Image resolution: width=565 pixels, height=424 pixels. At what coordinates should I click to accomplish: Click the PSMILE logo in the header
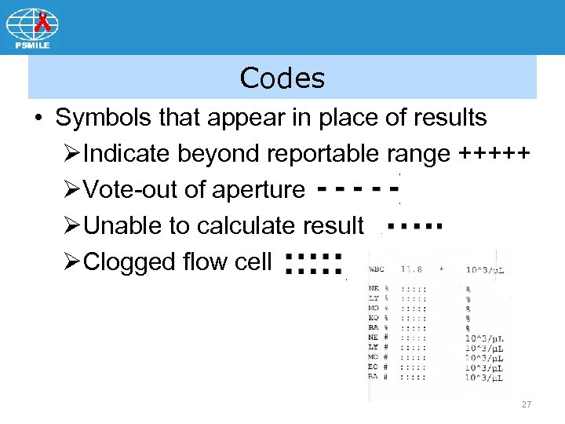click(32, 27)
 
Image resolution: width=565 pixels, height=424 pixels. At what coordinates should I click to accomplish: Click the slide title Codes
click(282, 78)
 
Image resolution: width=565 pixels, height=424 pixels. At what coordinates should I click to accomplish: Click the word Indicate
click(126, 154)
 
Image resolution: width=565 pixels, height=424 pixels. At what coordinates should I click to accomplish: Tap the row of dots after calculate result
click(414, 226)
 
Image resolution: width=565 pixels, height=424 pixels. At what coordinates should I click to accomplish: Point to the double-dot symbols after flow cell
click(314, 263)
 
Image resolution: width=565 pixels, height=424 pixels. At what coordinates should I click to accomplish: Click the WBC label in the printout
click(377, 269)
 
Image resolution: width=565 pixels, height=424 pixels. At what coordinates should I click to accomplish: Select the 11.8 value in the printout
click(413, 269)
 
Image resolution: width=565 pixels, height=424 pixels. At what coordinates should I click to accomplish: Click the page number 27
click(526, 404)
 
